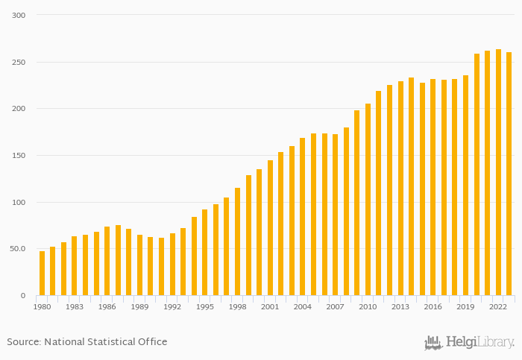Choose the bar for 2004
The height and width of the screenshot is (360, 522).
303,217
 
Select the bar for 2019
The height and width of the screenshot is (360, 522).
465,186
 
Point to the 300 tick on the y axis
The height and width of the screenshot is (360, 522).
19,16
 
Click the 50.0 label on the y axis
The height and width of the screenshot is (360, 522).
17,249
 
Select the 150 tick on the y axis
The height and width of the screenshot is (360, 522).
19,156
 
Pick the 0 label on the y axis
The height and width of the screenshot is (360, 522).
22,296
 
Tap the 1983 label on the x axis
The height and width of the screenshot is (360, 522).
75,306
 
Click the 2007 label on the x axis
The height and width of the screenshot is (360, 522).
335,306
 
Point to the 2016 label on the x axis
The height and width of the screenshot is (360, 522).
433,306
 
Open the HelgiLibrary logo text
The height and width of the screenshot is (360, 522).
480,343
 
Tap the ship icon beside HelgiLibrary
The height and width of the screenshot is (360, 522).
433,343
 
